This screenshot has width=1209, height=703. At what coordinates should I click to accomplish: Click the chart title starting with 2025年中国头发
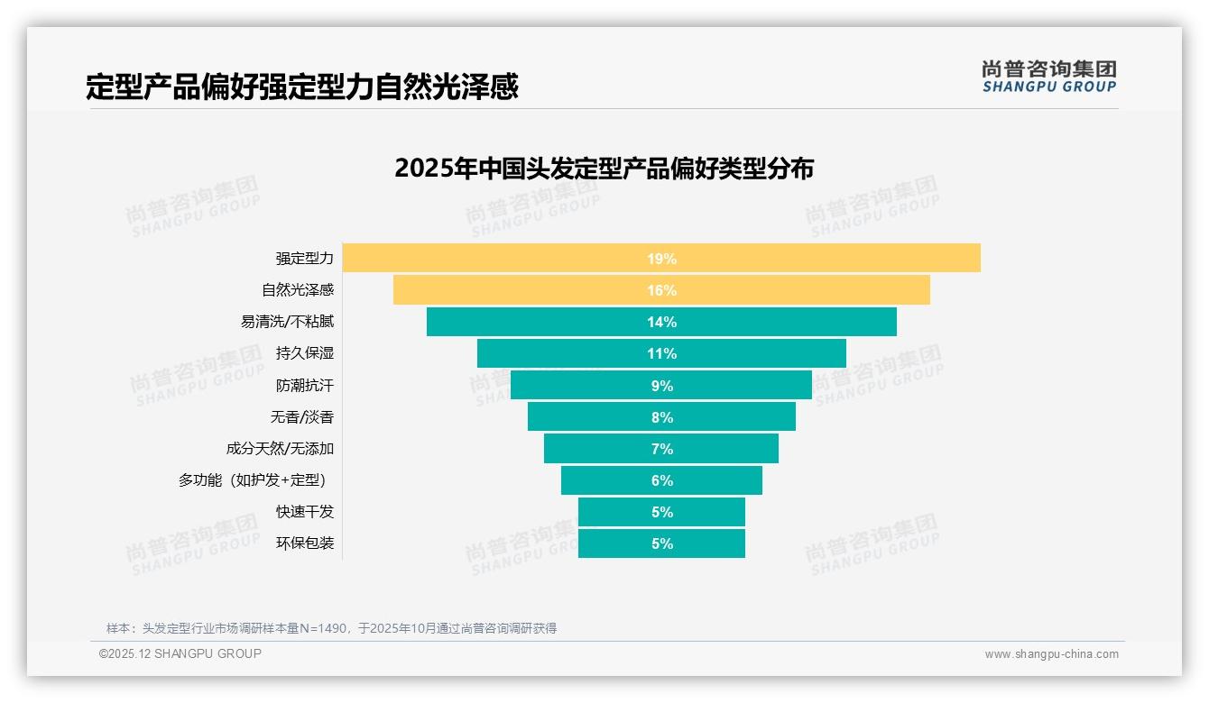(x=604, y=169)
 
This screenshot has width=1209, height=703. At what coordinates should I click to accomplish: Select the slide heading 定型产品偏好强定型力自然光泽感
(x=302, y=87)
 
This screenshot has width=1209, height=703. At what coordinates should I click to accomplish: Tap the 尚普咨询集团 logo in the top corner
(x=1049, y=77)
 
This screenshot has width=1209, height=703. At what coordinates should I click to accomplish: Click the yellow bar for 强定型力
(x=812, y=259)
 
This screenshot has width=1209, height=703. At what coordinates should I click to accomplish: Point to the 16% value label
(x=661, y=290)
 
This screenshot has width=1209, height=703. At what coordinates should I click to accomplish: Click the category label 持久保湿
(x=305, y=353)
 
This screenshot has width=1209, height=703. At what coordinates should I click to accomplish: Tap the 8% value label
(x=661, y=417)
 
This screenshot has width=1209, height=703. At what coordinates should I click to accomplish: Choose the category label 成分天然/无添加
(x=280, y=449)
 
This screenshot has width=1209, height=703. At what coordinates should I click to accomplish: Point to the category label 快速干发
(x=305, y=512)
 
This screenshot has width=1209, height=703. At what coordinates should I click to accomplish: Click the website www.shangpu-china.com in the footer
(x=1051, y=654)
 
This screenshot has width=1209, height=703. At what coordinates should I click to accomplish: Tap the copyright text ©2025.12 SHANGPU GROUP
(x=180, y=653)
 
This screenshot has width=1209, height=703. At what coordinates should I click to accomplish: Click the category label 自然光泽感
(x=298, y=290)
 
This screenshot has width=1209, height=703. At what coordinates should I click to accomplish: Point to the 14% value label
(x=661, y=322)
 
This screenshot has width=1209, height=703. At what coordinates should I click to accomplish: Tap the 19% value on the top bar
(x=661, y=259)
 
